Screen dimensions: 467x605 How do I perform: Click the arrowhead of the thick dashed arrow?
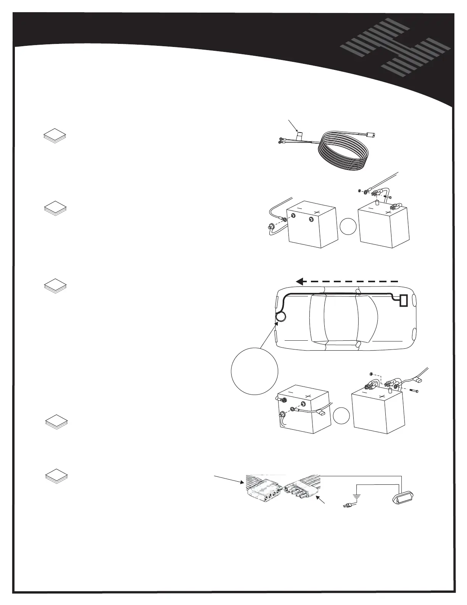[x=300, y=282]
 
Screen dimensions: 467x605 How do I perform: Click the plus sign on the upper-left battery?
[x=316, y=212]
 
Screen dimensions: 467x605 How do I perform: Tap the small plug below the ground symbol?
[x=348, y=506]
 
